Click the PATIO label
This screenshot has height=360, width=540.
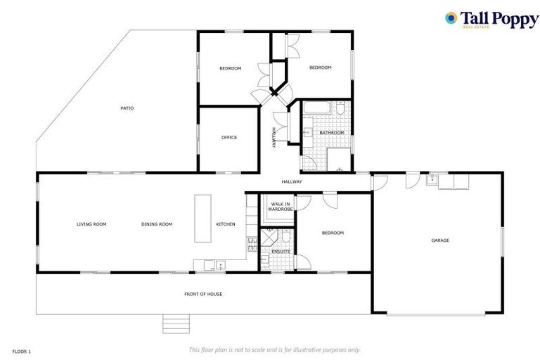point(127,108)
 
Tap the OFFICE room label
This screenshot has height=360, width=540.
point(229,138)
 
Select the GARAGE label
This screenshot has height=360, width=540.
point(440,240)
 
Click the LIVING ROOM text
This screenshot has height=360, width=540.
point(91,224)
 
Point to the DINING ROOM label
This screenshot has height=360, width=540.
point(157,224)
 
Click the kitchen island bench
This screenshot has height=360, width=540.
point(202,219)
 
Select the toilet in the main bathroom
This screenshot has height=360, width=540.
point(340,110)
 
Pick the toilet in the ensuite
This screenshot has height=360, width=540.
point(265,260)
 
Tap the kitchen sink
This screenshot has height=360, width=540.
point(220,265)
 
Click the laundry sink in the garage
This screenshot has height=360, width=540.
point(435,180)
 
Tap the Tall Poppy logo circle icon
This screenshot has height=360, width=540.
point(451,18)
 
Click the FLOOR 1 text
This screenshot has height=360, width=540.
point(22,350)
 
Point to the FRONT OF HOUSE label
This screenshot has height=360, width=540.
point(203,294)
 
